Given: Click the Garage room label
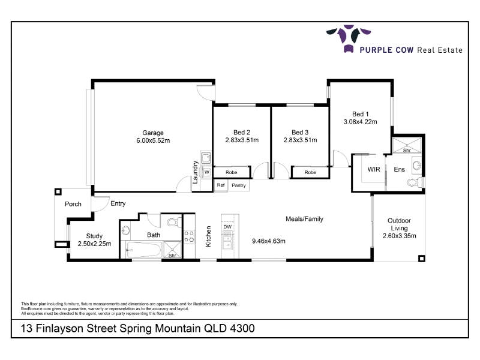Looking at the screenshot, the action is [153, 133].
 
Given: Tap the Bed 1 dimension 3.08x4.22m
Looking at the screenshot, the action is [361, 122].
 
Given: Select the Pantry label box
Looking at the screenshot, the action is [239, 185].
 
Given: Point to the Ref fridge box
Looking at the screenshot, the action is [221, 185].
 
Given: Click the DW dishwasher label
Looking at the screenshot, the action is [227, 227].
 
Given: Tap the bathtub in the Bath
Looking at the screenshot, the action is [143, 250].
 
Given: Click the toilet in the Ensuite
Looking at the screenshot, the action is [415, 182].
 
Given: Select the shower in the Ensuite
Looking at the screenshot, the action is [407, 145].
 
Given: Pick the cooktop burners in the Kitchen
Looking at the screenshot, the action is [189, 236].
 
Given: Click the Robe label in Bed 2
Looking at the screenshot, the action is [232, 172].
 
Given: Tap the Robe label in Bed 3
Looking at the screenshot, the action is [310, 172].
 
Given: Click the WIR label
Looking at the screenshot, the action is [374, 169].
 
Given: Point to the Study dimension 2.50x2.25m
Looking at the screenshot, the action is [94, 244].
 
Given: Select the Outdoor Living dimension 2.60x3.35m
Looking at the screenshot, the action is [399, 236].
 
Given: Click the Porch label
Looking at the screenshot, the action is [73, 204].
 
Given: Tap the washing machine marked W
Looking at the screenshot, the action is [206, 172].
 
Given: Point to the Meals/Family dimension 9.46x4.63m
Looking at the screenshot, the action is [268, 241].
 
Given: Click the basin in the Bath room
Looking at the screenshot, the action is [125, 230].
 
